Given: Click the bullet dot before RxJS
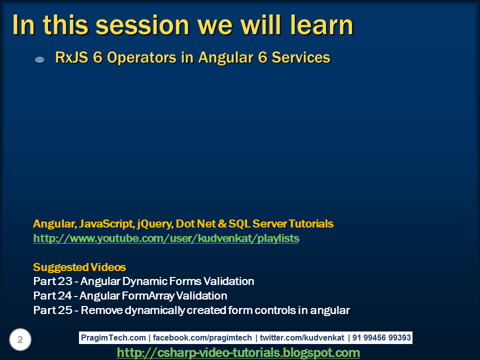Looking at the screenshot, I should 40,59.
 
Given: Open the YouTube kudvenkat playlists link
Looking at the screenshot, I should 166,238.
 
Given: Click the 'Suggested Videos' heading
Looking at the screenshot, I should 79,266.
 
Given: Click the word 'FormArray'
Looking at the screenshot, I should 147,295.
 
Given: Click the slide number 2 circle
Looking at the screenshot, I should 20,340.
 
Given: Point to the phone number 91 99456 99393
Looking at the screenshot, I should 381,338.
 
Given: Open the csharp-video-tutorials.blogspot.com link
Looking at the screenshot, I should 238,353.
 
